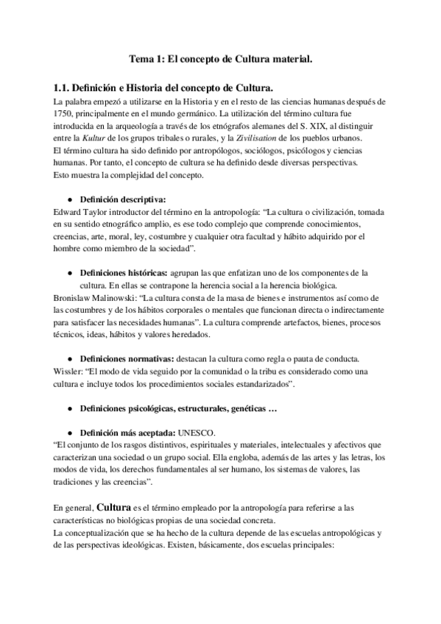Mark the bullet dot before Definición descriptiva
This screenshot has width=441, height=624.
(68, 199)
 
